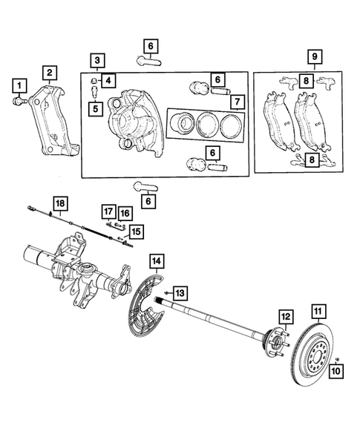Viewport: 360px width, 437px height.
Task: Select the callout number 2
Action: point(49,72)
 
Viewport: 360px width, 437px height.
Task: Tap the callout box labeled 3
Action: point(96,59)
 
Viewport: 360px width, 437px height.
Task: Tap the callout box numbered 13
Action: point(179,291)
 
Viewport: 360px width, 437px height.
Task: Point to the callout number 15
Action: point(135,232)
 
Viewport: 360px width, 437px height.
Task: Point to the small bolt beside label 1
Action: point(19,99)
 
